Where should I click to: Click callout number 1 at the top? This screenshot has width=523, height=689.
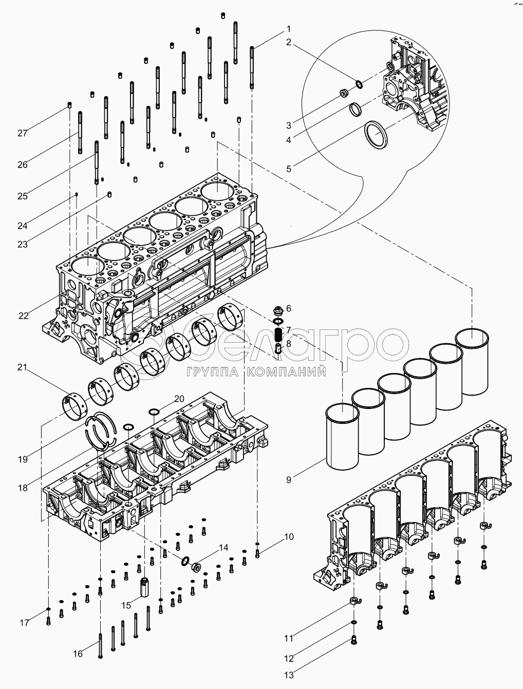pyautogui.click(x=289, y=29)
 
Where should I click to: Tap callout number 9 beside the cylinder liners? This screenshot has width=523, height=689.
pyautogui.click(x=289, y=480)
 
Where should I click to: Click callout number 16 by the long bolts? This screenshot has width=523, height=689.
pyautogui.click(x=78, y=654)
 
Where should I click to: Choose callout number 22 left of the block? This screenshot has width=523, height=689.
pyautogui.click(x=24, y=316)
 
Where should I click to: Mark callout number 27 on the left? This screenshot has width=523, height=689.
pyautogui.click(x=22, y=133)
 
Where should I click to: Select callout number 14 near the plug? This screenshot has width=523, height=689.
pyautogui.click(x=223, y=548)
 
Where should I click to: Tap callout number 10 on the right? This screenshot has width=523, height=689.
pyautogui.click(x=289, y=537)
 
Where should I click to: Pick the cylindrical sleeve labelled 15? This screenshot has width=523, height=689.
pyautogui.click(x=143, y=586)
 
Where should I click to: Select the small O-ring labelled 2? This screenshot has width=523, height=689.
pyautogui.click(x=359, y=84)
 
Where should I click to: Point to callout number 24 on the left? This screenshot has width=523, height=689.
pyautogui.click(x=22, y=225)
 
